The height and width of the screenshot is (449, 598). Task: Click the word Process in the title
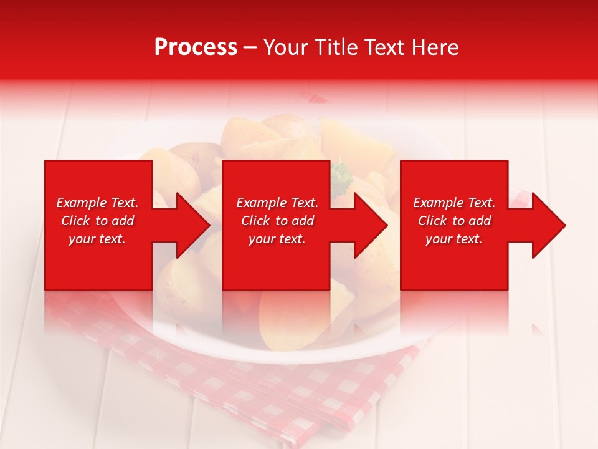(x=196, y=47)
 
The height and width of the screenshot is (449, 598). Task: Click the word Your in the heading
(x=286, y=47)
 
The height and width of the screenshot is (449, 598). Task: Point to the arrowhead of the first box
(x=193, y=225)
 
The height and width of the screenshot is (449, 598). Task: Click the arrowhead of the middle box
(x=371, y=225)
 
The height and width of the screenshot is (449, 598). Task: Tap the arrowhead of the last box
(x=549, y=225)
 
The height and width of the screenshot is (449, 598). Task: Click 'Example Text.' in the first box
(x=97, y=203)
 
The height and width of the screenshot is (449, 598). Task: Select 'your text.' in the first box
(x=97, y=239)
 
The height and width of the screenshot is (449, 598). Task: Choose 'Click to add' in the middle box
(x=277, y=221)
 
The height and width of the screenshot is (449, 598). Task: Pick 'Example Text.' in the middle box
(x=277, y=203)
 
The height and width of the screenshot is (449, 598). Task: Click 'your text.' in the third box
(x=454, y=239)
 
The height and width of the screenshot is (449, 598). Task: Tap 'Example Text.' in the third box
(x=454, y=203)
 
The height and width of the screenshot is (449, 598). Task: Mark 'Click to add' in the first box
(x=97, y=221)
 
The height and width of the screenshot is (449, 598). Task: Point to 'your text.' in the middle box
(x=277, y=239)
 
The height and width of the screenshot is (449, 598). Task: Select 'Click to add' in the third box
(x=454, y=221)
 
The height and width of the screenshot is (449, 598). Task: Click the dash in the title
(x=250, y=48)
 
